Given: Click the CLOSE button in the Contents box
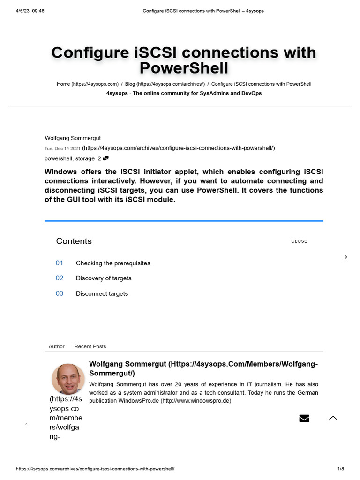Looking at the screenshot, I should click(x=299, y=241).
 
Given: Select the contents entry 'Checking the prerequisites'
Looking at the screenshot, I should click(x=113, y=263).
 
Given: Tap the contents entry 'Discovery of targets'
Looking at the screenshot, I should click(x=104, y=278).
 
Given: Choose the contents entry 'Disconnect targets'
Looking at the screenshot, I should click(x=102, y=293).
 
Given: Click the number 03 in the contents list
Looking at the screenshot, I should click(x=60, y=293).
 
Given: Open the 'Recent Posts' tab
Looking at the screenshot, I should click(x=90, y=346).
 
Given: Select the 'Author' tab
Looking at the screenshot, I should click(x=57, y=346).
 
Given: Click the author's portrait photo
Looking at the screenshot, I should click(x=68, y=379).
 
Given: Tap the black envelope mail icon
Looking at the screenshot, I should click(x=304, y=418).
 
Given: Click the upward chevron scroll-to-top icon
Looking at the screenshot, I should click(x=333, y=418).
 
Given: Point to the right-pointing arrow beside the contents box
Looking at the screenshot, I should click(x=346, y=257).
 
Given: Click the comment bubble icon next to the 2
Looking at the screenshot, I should click(x=105, y=158).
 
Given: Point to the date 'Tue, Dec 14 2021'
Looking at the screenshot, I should click(x=62, y=148).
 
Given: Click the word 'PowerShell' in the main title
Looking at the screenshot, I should click(x=184, y=68).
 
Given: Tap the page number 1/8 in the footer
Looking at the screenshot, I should click(x=341, y=469).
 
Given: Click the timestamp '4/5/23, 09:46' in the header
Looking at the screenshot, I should click(x=30, y=11).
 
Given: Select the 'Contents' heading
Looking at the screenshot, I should click(x=74, y=241).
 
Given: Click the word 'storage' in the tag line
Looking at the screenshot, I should click(x=85, y=158).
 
